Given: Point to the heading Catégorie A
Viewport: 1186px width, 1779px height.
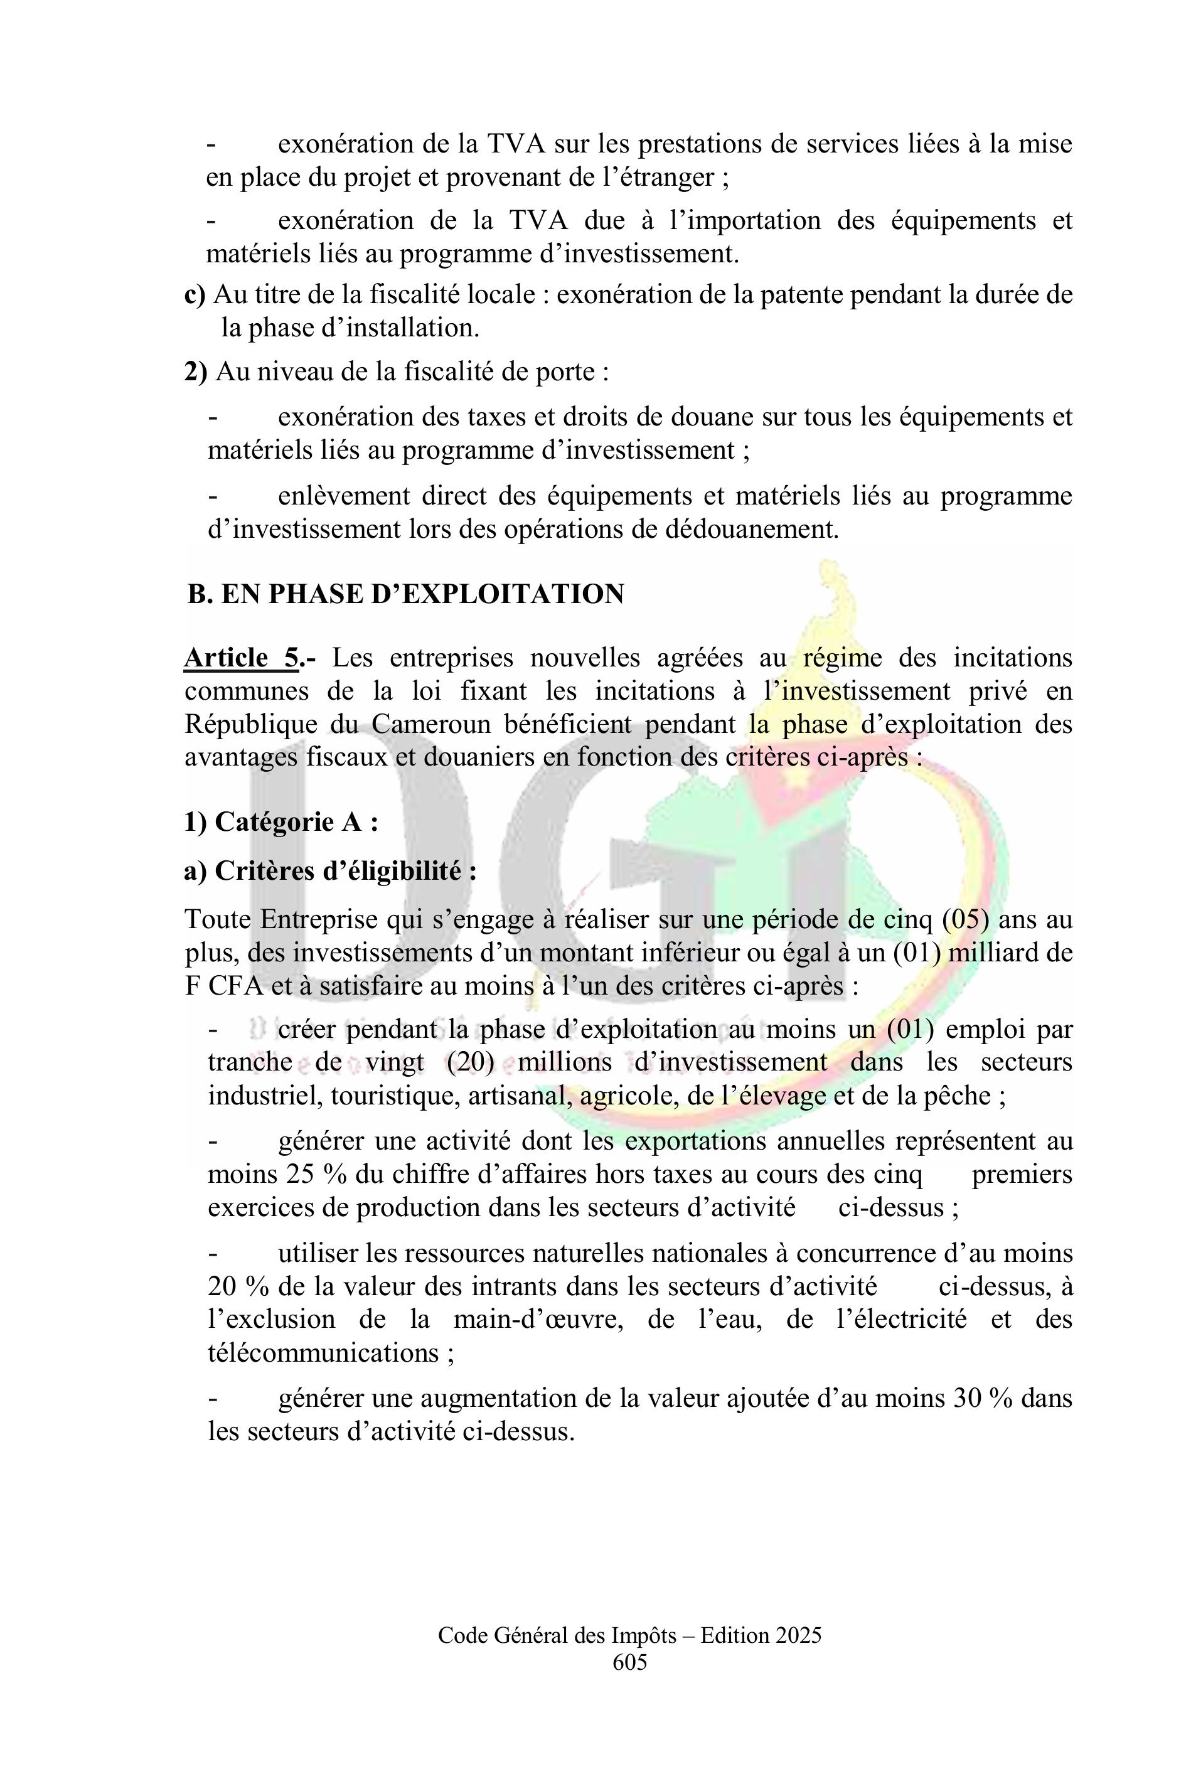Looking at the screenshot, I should (280, 821).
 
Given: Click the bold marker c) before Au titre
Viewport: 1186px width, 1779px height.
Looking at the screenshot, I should (195, 294).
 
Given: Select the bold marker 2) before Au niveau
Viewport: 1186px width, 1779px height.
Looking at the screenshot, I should (195, 371).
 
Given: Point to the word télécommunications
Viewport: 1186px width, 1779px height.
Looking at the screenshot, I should (324, 1352).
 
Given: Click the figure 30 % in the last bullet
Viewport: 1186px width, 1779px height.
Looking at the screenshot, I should (983, 1399).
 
